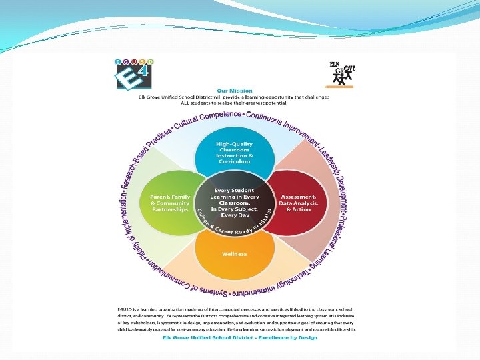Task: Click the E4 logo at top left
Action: tap(135, 74)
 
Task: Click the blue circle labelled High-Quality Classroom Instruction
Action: tap(233, 153)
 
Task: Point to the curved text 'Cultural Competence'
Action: tap(207, 121)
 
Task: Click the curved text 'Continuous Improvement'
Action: tap(280, 124)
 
